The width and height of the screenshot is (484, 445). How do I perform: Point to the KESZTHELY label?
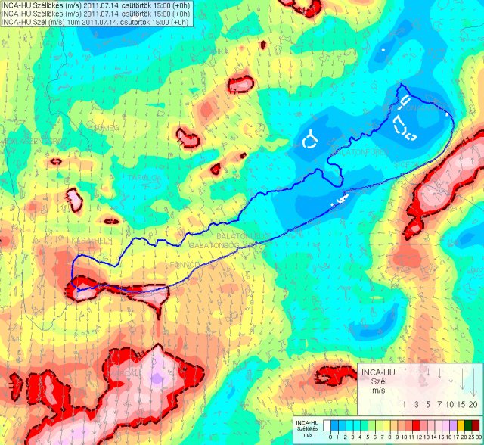pos(91,240)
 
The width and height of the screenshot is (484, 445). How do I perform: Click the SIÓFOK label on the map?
pos(407,163)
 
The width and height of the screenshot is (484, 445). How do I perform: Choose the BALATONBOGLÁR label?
pos(219,246)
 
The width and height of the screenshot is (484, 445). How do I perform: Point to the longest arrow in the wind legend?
pos(473,381)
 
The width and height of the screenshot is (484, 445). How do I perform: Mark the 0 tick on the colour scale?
pos(330,438)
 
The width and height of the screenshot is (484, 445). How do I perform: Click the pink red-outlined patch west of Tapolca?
pos(74,201)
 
